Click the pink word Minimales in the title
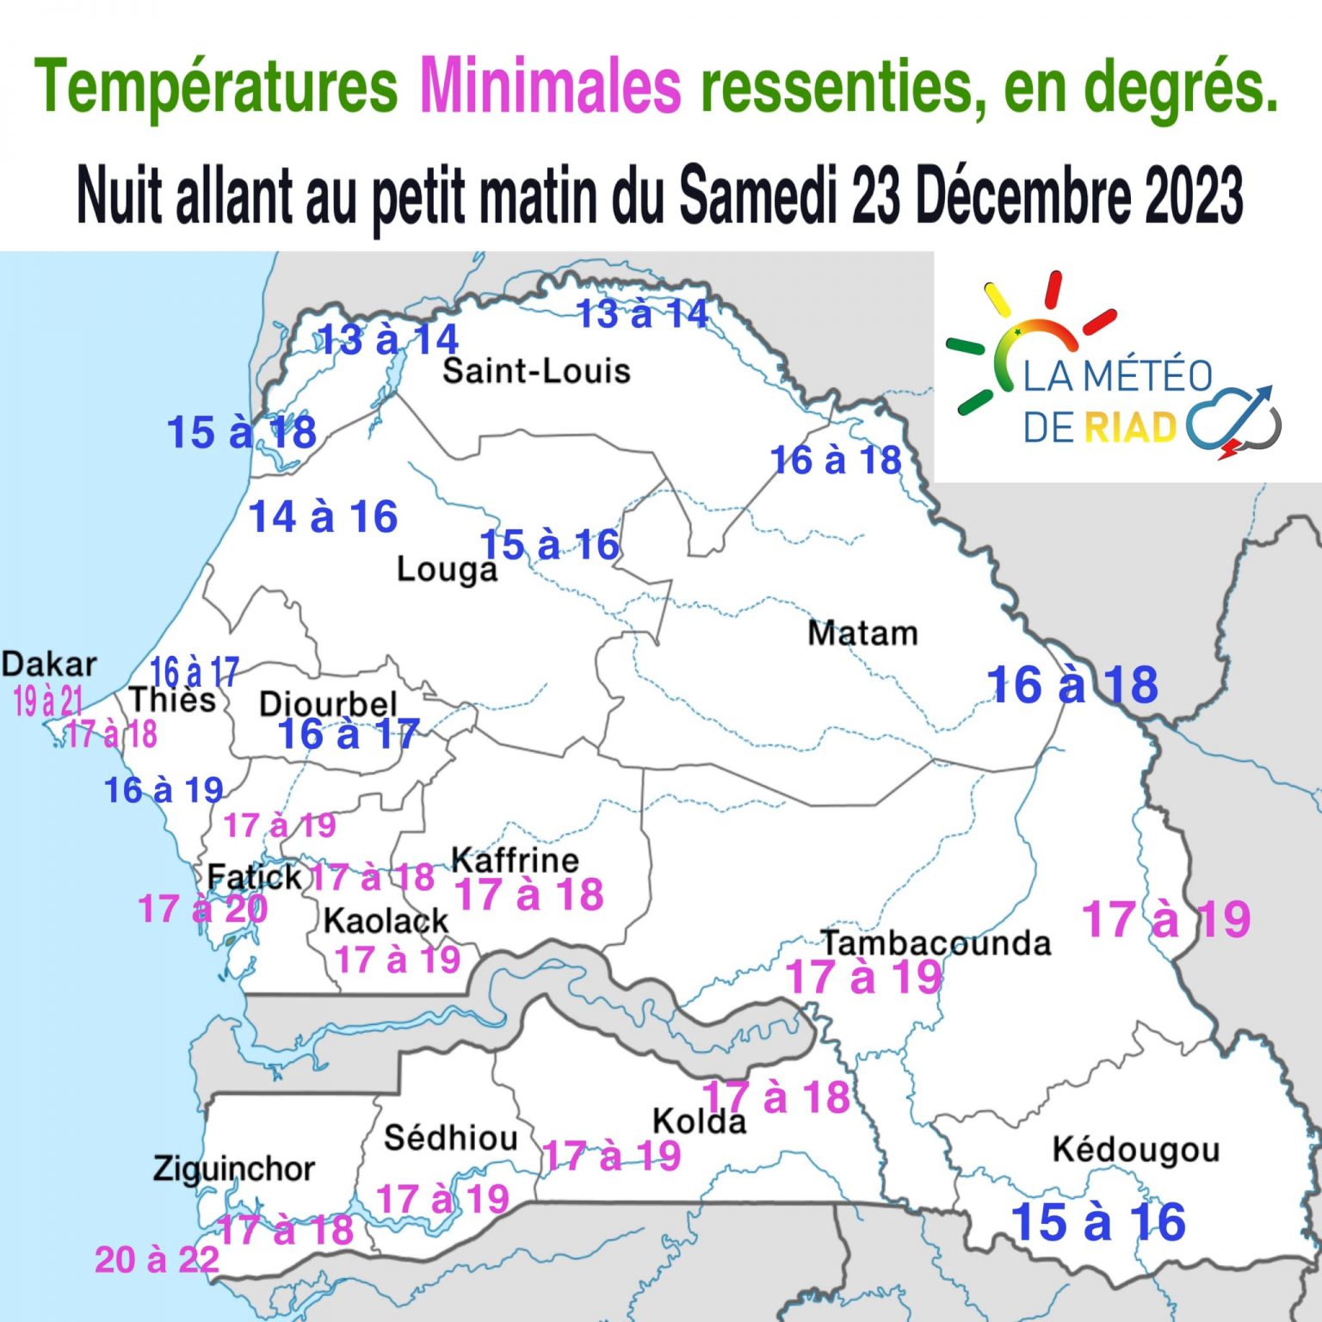[x=550, y=86]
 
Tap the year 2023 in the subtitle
[x=1193, y=195]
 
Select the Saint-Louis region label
[x=536, y=371]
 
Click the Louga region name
[x=447, y=570]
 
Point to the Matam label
[x=862, y=633]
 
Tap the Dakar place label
[x=49, y=664]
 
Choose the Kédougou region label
[x=1135, y=1150]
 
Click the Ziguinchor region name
[x=234, y=1169]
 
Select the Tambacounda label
[x=936, y=943]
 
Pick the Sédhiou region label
[x=450, y=1138]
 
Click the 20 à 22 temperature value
[x=157, y=1260]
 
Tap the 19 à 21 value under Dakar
[x=48, y=701]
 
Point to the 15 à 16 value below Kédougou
[x=1098, y=1222]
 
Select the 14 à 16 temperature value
[x=323, y=517]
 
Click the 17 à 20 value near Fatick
[x=203, y=909]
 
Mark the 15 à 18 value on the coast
[x=242, y=432]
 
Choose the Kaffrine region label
[x=515, y=860]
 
